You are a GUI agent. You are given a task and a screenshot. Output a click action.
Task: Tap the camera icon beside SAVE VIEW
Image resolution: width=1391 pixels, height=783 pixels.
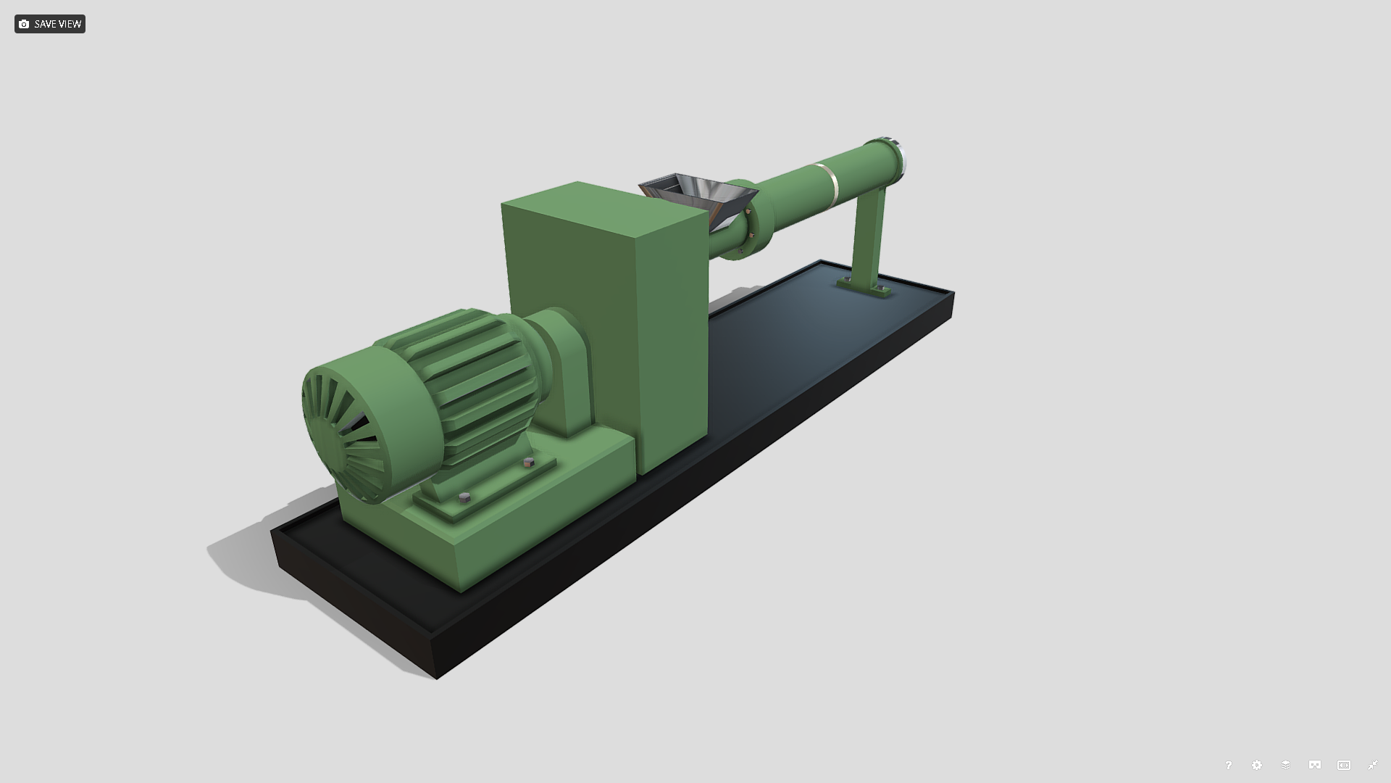(x=24, y=24)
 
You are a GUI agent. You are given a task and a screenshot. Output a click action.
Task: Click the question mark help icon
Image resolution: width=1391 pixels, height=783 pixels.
(x=1228, y=765)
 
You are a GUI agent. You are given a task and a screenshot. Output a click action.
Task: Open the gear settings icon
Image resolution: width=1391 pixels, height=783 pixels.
(x=1257, y=765)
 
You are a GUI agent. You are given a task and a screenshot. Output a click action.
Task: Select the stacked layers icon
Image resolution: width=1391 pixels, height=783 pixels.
(x=1285, y=765)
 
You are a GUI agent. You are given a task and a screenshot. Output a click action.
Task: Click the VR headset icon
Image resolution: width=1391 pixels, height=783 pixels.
(x=1314, y=765)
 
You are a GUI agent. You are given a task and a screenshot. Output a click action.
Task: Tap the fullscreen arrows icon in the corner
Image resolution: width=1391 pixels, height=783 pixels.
(x=1372, y=765)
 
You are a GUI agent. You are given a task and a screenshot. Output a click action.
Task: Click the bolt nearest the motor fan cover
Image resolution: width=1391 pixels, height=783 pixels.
(x=465, y=497)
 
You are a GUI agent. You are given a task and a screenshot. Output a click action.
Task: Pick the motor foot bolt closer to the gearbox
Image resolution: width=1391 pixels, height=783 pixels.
(x=528, y=462)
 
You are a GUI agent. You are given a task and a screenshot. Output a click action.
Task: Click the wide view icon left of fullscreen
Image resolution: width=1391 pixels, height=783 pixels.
(x=1343, y=765)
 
